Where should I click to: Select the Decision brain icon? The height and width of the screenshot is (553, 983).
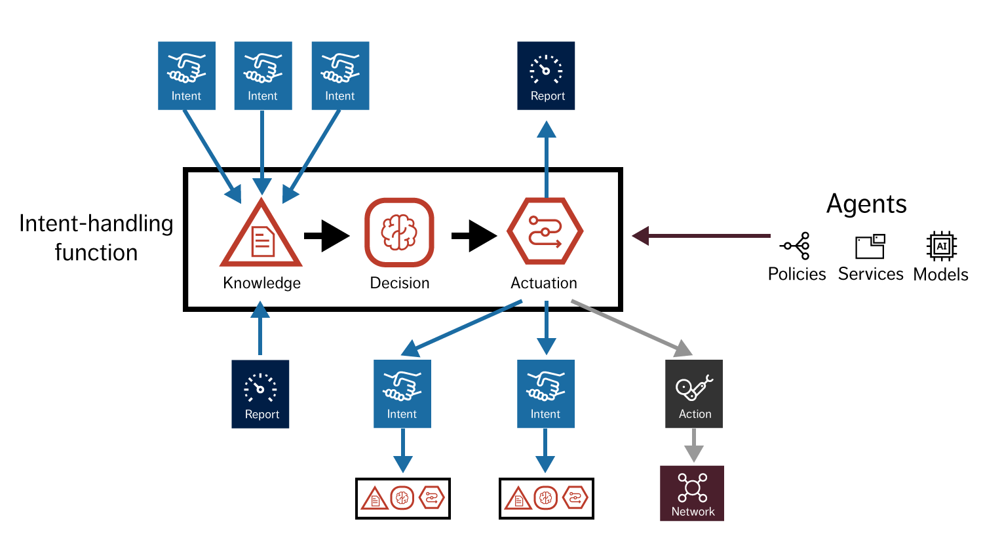399,233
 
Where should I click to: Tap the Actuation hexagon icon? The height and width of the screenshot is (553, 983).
545,232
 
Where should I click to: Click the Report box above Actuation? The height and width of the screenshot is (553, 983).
546,75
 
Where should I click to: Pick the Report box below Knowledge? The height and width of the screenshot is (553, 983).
260,394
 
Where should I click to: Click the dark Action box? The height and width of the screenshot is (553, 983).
694,394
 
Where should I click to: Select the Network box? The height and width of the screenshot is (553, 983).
692,493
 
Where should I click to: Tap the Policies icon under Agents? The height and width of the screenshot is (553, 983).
796,246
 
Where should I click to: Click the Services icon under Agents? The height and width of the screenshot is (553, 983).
870,246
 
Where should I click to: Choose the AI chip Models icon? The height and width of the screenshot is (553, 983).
941,246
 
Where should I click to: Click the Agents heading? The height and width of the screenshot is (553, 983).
866,204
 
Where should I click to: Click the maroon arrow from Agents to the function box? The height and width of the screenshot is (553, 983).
701,236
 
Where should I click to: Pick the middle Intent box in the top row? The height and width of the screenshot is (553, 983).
263,75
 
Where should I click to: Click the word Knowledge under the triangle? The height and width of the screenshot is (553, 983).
261,283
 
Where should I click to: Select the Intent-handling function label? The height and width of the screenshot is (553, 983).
96,237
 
